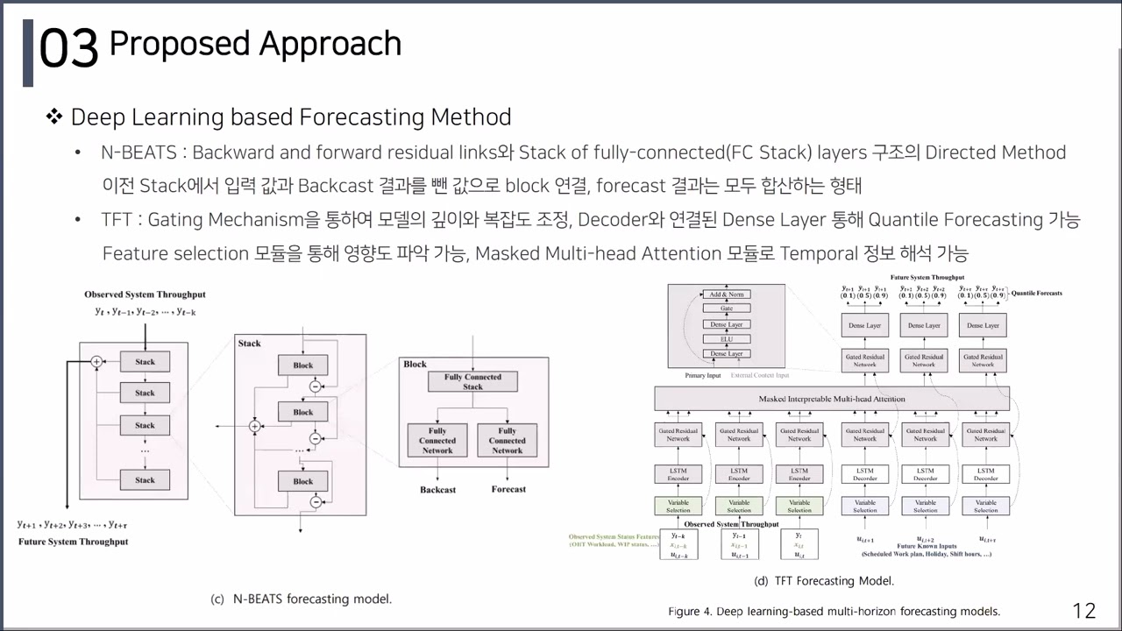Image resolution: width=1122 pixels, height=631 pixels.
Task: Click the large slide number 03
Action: tap(68, 49)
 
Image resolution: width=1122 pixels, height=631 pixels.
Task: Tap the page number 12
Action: tap(1084, 610)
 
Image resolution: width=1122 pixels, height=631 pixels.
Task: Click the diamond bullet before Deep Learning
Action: tap(54, 117)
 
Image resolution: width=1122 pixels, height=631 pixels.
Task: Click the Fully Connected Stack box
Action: tap(472, 381)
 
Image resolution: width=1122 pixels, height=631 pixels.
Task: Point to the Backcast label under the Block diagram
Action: tap(437, 489)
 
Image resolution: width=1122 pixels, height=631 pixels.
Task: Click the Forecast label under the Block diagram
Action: tap(508, 489)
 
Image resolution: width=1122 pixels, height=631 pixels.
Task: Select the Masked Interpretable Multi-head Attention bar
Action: tap(831, 399)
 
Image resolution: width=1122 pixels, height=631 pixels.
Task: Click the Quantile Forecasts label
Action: tap(1036, 293)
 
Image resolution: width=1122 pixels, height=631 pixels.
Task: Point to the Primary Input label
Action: tap(702, 375)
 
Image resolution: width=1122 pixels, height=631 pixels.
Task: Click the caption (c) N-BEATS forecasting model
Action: tap(301, 599)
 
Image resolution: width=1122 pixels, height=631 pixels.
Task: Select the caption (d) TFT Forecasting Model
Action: tap(824, 581)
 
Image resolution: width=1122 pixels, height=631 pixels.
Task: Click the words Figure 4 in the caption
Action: tap(689, 611)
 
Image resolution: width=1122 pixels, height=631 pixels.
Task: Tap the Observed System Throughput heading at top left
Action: tap(145, 294)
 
